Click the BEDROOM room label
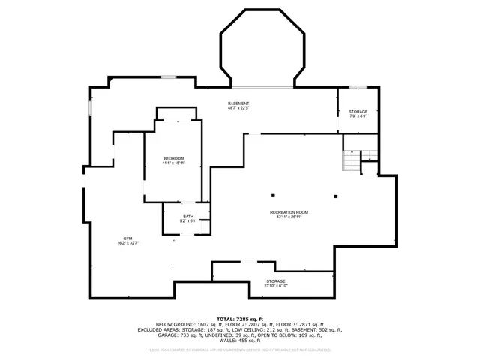click(174, 158)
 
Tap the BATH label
click(187, 216)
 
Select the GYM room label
click(127, 238)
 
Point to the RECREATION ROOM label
click(289, 212)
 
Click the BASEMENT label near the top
click(238, 103)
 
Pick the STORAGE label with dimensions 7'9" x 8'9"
click(358, 111)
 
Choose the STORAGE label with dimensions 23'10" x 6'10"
click(275, 282)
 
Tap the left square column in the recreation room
click(273, 187)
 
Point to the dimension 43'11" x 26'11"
click(289, 217)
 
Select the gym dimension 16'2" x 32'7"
click(127, 242)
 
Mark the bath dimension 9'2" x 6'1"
click(187, 220)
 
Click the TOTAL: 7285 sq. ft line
click(239, 319)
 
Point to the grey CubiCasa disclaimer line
click(240, 349)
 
